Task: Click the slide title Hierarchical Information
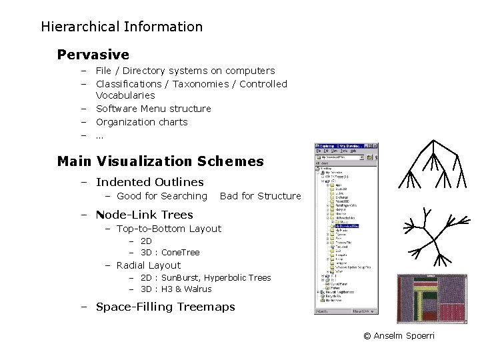click(x=121, y=27)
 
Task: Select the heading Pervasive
click(x=93, y=54)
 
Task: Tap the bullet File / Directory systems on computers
click(x=185, y=71)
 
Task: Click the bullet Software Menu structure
click(x=153, y=109)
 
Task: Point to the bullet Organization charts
click(x=141, y=122)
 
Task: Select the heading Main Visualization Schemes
click(x=160, y=161)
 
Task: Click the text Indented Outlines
click(x=149, y=182)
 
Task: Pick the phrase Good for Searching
click(x=161, y=196)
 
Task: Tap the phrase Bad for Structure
click(x=260, y=196)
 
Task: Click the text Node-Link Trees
click(x=144, y=215)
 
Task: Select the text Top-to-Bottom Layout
click(x=169, y=229)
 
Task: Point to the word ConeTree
click(x=180, y=253)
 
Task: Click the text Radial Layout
click(x=148, y=265)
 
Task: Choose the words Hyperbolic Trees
click(x=237, y=277)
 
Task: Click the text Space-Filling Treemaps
click(x=165, y=307)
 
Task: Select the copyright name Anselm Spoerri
click(x=403, y=336)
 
